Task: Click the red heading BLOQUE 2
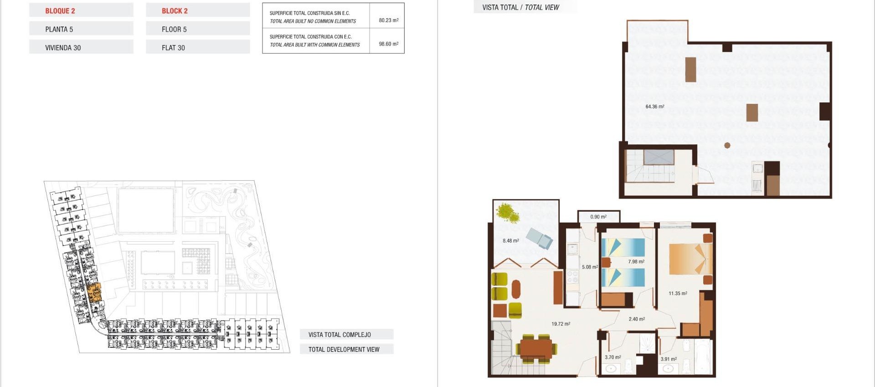(60, 11)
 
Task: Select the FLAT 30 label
(173, 48)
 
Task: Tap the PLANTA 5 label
(59, 30)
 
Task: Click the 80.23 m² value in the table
(388, 20)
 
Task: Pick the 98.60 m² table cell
(388, 44)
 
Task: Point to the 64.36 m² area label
(654, 107)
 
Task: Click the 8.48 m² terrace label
(510, 241)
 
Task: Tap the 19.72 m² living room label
(561, 324)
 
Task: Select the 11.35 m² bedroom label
(678, 294)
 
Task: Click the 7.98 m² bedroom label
(636, 262)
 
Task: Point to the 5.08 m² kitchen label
(589, 267)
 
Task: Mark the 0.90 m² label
(598, 217)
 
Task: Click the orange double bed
(690, 258)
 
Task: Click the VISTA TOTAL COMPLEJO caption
(340, 335)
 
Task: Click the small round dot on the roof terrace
(727, 145)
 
